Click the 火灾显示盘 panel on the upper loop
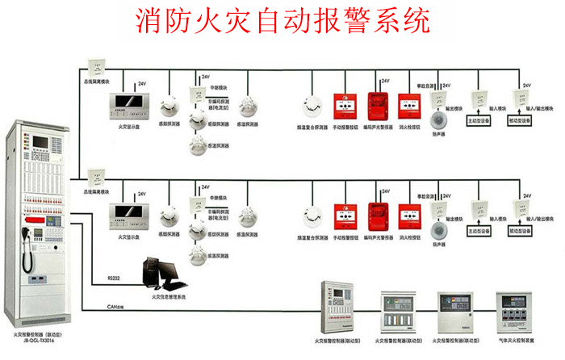(x=128, y=105)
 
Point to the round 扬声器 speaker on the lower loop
(x=439, y=229)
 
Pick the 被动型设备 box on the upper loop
(x=519, y=119)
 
